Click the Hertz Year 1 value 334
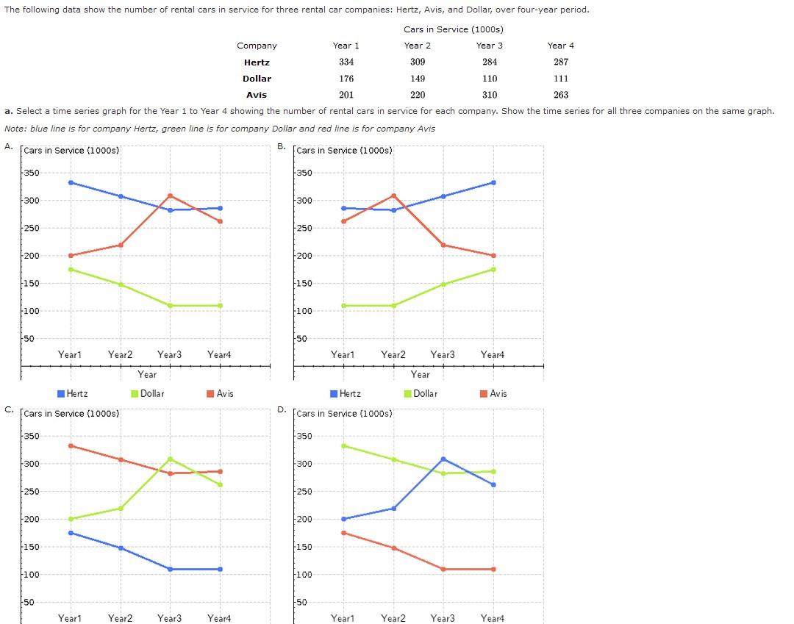pos(346,62)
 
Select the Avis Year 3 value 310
pos(490,95)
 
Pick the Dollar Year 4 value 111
pos(561,79)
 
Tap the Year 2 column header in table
pos(418,46)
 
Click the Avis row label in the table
pos(257,95)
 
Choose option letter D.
pos(282,409)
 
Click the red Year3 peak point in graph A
pos(170,196)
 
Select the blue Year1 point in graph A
pos(71,182)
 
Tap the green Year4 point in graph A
pos(220,306)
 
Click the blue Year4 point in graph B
pos(493,182)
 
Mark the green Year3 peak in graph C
pos(170,459)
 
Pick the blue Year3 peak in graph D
pos(443,459)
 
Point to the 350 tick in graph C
pos(31,437)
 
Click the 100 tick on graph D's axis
pos(304,575)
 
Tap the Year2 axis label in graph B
pos(393,355)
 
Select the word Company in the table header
pos(257,46)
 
